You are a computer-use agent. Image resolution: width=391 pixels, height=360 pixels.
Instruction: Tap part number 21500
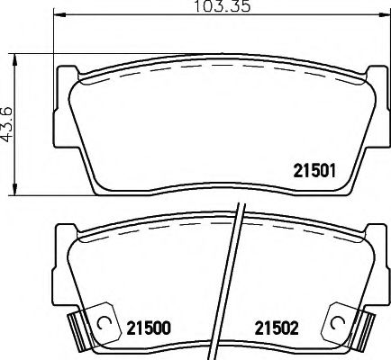150,328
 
